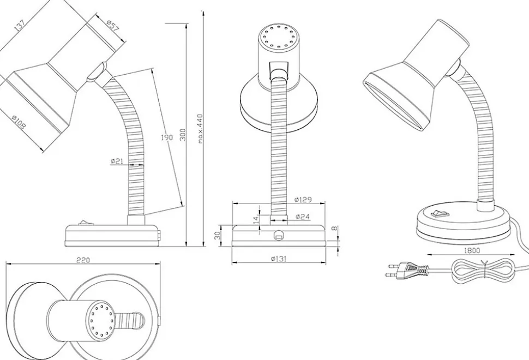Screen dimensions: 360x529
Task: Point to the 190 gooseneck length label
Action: coord(166,137)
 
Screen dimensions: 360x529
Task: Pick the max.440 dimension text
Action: coord(200,128)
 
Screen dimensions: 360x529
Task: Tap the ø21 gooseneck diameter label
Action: coord(118,161)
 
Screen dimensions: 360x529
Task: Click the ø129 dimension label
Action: coord(303,200)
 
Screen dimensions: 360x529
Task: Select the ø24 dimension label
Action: coord(303,217)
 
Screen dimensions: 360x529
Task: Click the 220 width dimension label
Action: coord(83,260)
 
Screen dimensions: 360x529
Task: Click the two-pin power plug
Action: coord(408,269)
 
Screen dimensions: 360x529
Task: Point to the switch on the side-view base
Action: coord(85,222)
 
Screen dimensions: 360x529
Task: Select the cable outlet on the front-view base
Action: coord(279,236)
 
